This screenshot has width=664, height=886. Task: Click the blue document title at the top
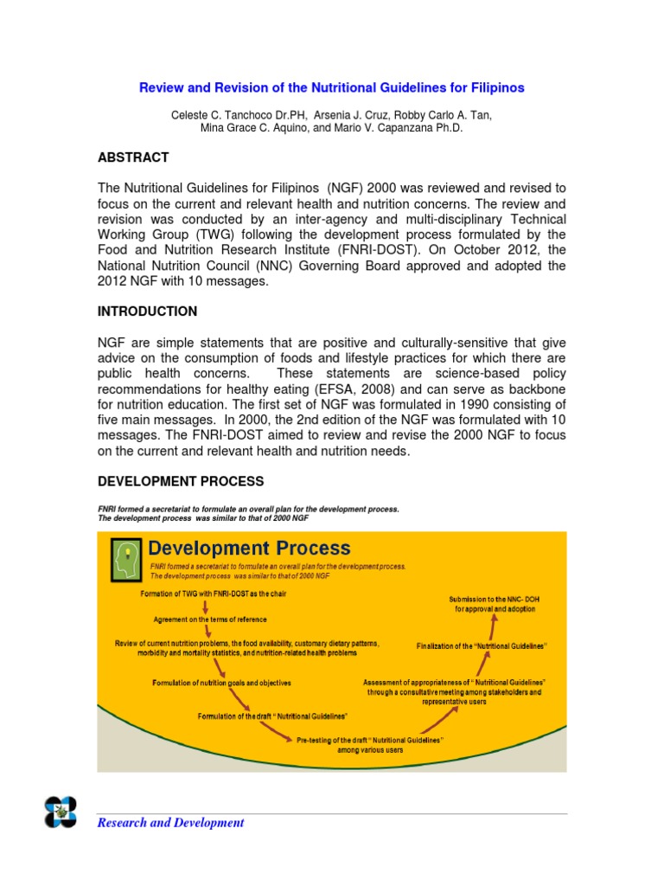(332, 87)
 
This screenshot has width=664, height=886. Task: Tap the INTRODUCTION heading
(147, 311)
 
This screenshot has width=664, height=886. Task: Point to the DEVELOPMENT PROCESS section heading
(181, 481)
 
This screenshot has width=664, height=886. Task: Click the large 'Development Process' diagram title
(250, 549)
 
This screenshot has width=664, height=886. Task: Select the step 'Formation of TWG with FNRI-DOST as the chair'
(213, 594)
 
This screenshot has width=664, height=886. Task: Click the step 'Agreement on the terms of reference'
(210, 620)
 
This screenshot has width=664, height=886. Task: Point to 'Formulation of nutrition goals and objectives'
(222, 683)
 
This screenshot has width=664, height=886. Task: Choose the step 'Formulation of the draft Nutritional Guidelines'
(273, 716)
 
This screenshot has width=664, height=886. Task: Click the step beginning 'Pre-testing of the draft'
(370, 745)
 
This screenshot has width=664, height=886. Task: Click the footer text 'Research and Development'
(170, 823)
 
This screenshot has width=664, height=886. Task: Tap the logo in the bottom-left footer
(61, 812)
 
